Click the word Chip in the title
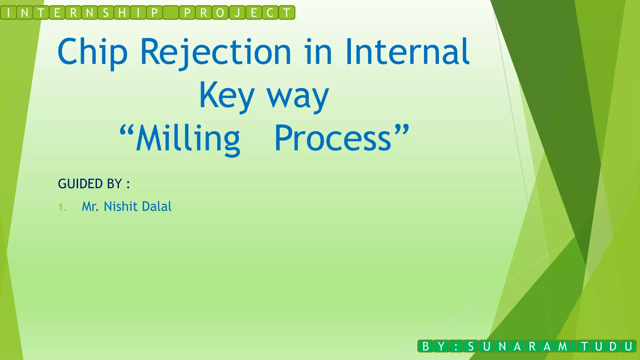pos(92,52)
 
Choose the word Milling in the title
pos(188,138)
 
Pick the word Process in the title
pos(333,138)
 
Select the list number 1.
pos(62,207)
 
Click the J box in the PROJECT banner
pos(237,13)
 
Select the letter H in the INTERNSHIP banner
pos(122,13)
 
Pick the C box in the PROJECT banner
pos(270,13)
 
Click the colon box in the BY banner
pos(456,346)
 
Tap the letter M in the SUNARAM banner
pos(562,346)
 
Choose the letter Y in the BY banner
pos(441,346)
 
